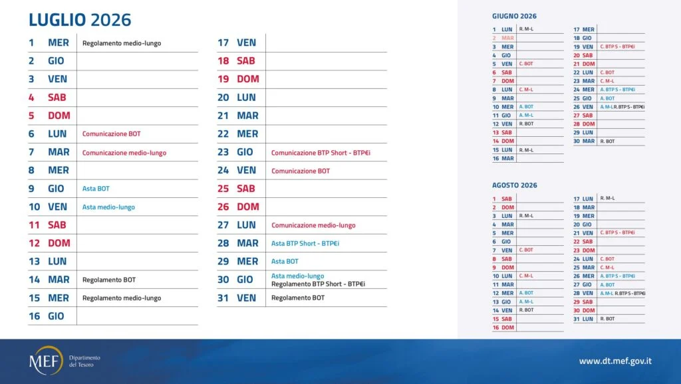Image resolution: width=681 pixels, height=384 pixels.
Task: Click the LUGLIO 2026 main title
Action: [x=80, y=20]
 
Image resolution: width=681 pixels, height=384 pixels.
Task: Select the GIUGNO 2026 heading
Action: [x=514, y=16]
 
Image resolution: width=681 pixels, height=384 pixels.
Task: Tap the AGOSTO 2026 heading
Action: [x=514, y=185]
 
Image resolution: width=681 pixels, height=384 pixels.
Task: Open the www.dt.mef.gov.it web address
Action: [x=614, y=361]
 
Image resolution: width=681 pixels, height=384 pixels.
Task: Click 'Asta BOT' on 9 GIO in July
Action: [x=96, y=189]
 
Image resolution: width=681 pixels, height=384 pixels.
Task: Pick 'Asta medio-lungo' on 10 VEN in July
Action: [x=108, y=207]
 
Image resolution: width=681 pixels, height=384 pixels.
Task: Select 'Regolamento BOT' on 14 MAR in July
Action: [x=108, y=280]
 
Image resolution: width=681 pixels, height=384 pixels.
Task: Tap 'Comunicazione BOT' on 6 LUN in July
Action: [x=111, y=134]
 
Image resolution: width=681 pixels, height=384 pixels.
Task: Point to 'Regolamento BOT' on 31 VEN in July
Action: [x=298, y=298]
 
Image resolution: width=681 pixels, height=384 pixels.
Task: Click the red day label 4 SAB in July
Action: [x=47, y=97]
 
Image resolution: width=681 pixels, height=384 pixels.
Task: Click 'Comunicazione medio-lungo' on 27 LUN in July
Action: [x=313, y=225]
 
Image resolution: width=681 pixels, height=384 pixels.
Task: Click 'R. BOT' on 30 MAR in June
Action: [x=607, y=142]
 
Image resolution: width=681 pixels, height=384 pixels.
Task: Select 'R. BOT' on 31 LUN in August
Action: [x=607, y=319]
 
